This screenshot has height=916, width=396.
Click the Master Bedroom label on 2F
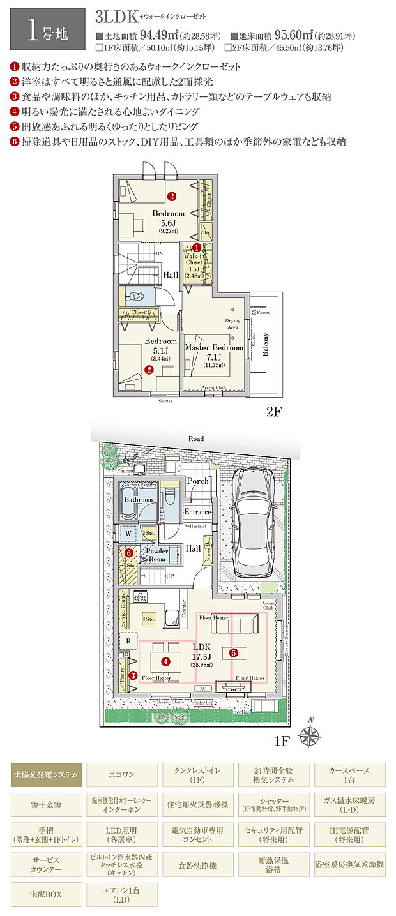[214, 348]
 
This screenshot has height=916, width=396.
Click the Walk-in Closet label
[194, 262]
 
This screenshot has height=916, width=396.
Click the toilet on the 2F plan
[136, 297]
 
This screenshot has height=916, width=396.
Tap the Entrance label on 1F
[197, 512]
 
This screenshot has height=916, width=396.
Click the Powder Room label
[157, 555]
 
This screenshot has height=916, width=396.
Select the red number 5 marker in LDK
[233, 652]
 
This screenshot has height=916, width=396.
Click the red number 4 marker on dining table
[165, 662]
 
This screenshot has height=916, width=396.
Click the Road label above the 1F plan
[196, 439]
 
